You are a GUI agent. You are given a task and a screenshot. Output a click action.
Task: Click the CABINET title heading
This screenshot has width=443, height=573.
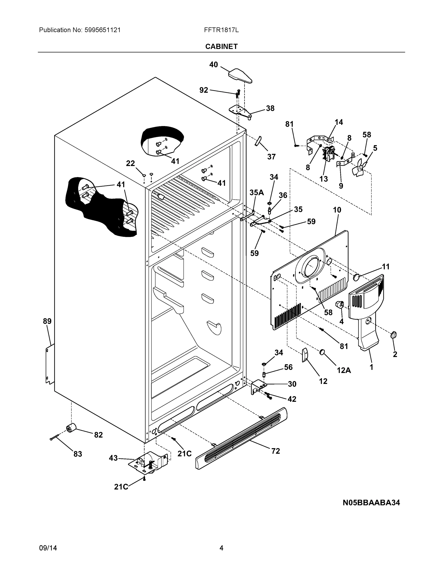(x=221, y=47)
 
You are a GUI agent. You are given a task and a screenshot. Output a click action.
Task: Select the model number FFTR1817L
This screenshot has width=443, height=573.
(x=221, y=30)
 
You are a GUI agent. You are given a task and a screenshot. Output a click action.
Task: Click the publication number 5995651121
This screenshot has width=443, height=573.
(x=102, y=30)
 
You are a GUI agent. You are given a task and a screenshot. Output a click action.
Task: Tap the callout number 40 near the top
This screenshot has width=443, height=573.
(x=213, y=64)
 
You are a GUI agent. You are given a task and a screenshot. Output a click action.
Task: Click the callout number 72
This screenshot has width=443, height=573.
(x=276, y=451)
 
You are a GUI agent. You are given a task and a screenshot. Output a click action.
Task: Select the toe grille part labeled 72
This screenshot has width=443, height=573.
(x=241, y=438)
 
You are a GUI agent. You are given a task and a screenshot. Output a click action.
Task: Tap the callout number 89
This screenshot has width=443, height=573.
(x=47, y=321)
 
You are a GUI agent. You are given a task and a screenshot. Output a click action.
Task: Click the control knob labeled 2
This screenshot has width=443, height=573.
(x=393, y=335)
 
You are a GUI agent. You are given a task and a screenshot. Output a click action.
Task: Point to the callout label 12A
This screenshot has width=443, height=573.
(x=344, y=370)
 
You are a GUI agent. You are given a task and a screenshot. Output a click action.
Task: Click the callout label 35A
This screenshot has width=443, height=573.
(x=256, y=193)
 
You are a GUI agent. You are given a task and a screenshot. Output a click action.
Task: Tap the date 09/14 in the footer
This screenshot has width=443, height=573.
(x=48, y=548)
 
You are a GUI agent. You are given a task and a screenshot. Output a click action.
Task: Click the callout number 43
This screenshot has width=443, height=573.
(x=113, y=458)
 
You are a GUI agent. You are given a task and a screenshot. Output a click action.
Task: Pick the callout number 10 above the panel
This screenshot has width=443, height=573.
(x=337, y=210)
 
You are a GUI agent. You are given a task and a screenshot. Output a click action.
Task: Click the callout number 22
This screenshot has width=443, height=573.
(x=130, y=163)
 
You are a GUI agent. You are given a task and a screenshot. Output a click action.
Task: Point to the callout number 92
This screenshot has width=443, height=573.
(x=204, y=90)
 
